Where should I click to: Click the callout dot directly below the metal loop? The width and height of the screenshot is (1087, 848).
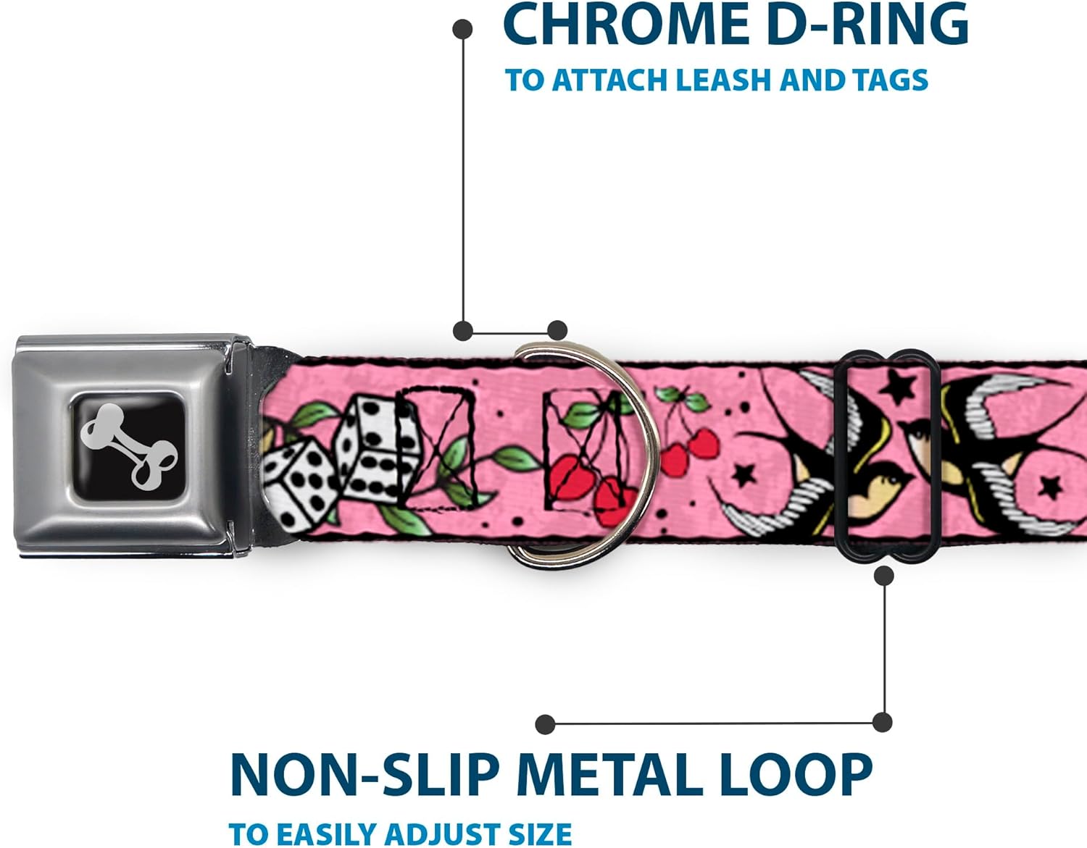(x=884, y=576)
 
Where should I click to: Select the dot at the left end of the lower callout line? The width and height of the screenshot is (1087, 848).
(x=545, y=724)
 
